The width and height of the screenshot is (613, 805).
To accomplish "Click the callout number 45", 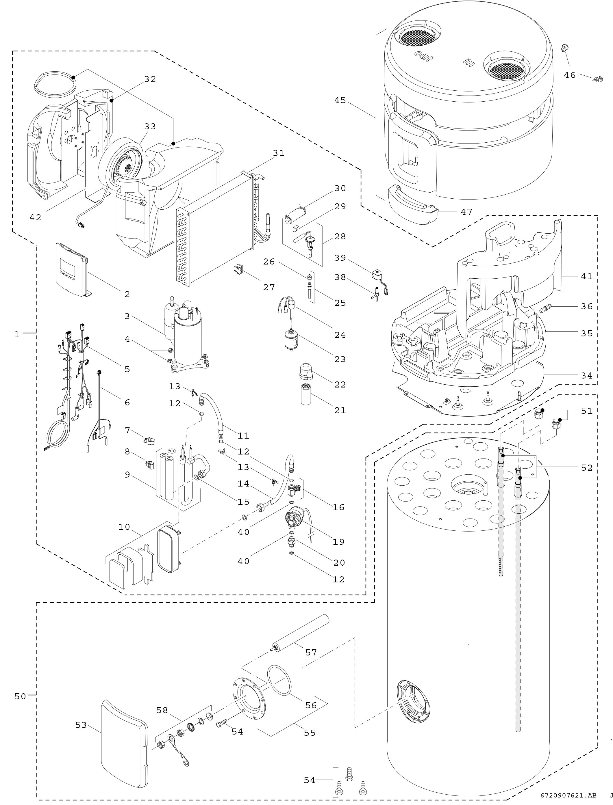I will (340, 100).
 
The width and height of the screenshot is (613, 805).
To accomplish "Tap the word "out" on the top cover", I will (424, 57).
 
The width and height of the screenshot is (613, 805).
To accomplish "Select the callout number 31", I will (279, 153).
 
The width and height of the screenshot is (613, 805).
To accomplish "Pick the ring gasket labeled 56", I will (280, 681).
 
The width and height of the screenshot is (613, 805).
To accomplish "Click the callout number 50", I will (20, 696).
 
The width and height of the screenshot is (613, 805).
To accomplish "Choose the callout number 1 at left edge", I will (17, 334).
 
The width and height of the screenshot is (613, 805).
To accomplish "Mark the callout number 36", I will (587, 306).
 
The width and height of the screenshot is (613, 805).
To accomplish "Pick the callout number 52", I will (587, 467).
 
